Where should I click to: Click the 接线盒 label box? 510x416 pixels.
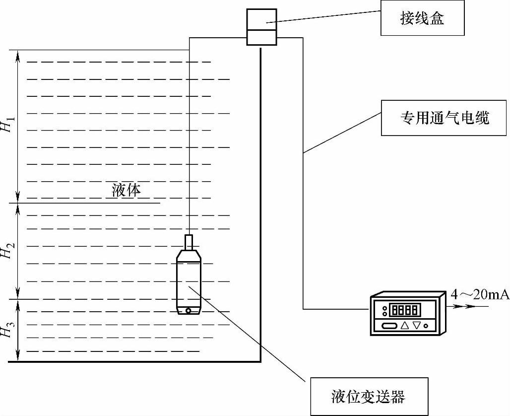click(x=422, y=18)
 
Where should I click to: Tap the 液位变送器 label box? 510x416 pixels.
click(x=368, y=396)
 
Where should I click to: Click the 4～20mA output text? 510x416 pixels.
click(x=479, y=295)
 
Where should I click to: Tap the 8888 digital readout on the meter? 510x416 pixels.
click(x=405, y=310)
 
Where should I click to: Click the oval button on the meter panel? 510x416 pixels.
click(x=389, y=326)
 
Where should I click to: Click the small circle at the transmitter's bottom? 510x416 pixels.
click(x=189, y=311)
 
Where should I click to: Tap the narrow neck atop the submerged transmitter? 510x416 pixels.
click(x=189, y=242)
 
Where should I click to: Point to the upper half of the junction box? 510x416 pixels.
click(x=261, y=19)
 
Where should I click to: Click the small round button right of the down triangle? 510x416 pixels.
click(x=426, y=326)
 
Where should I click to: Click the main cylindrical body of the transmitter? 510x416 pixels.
click(x=189, y=283)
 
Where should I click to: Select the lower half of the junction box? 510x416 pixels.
click(x=261, y=38)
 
